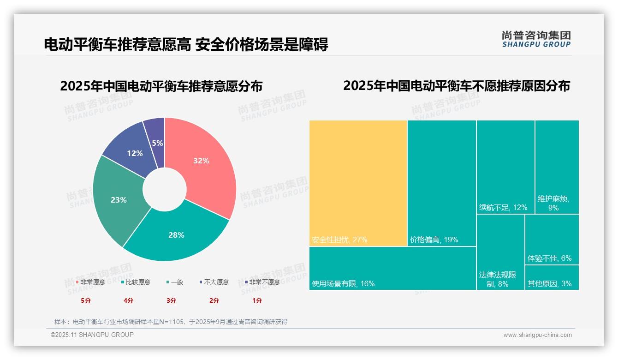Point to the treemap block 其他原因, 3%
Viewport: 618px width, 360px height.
552,277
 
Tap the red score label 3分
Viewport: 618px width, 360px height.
171,300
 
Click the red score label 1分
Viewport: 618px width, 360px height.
257,300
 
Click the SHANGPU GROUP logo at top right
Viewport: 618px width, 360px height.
536,39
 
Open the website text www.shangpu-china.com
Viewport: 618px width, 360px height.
537,335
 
